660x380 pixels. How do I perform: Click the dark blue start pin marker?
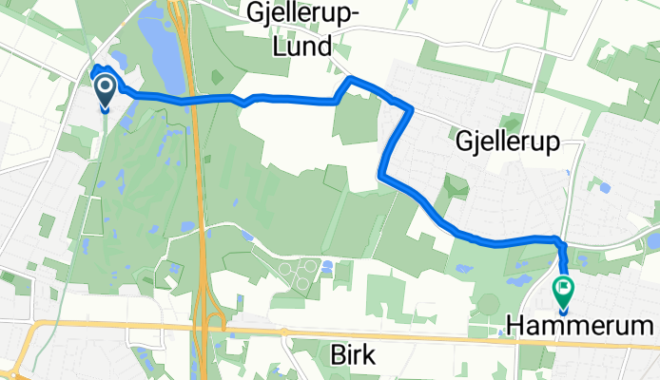[x=103, y=91]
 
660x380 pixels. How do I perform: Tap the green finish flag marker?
[x=563, y=289]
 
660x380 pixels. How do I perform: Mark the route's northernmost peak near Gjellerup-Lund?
[x=352, y=78]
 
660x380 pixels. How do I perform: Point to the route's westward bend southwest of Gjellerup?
[x=382, y=174]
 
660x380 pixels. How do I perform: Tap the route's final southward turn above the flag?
[x=558, y=239]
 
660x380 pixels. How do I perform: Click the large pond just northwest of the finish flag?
[x=521, y=280]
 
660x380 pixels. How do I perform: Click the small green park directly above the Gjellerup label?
[x=512, y=123]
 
